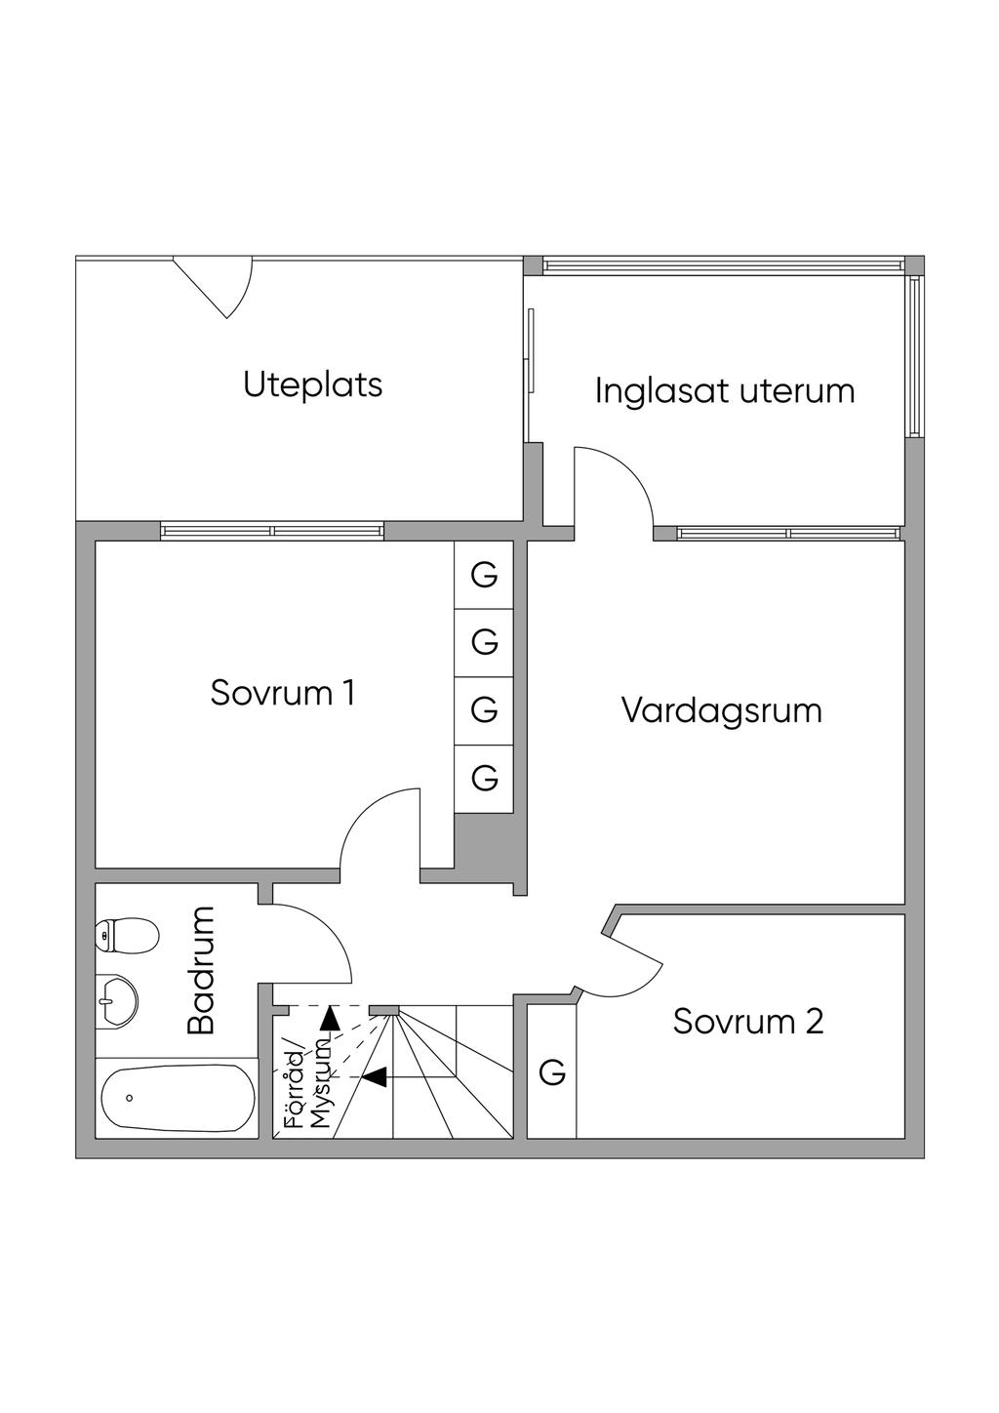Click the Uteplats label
pyautogui.click(x=312, y=384)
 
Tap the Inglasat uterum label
pyautogui.click(x=724, y=390)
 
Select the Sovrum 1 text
pyautogui.click(x=282, y=693)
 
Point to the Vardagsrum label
pyautogui.click(x=721, y=709)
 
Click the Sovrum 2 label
pyautogui.click(x=747, y=1022)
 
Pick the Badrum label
pyautogui.click(x=201, y=970)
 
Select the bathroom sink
pyautogui.click(x=116, y=1000)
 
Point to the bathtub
pyautogui.click(x=177, y=1098)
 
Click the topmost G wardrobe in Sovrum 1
pyautogui.click(x=484, y=575)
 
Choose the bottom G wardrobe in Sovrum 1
pyautogui.click(x=484, y=777)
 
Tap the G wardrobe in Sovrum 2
pyautogui.click(x=552, y=1071)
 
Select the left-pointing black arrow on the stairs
pyautogui.click(x=375, y=1076)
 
